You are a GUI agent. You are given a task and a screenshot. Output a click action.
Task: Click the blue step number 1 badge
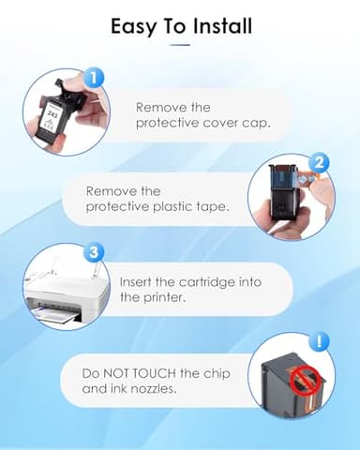coord(94,78)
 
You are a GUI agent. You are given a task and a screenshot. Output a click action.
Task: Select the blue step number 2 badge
coord(319,163)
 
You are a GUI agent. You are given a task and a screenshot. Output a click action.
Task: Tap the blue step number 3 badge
coord(94,252)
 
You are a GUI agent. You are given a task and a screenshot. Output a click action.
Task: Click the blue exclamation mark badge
coord(319,341)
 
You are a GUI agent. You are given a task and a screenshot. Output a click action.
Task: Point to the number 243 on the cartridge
coord(52,114)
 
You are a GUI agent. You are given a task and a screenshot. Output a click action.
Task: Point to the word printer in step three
coord(164,297)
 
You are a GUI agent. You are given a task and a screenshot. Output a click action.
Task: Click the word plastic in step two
coord(173,206)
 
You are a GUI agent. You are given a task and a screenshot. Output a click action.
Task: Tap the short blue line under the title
coord(180,45)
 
